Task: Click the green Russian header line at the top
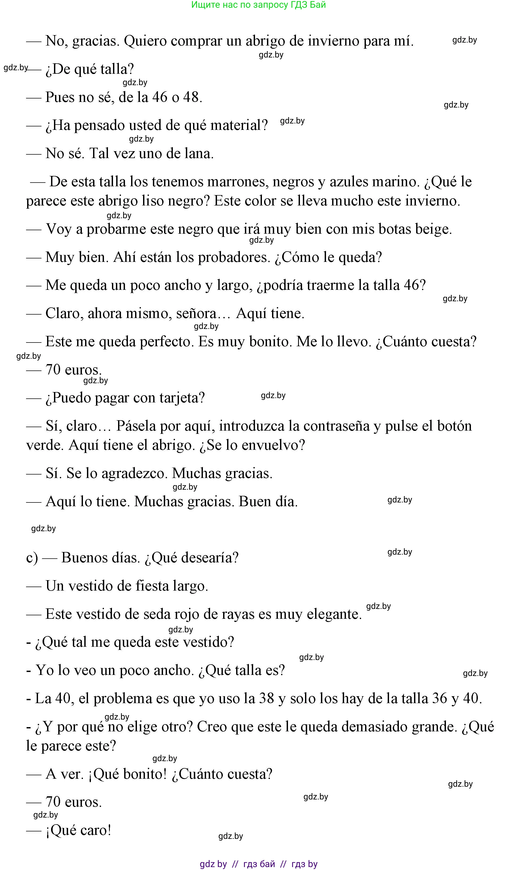[258, 5]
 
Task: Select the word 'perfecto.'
[166, 341]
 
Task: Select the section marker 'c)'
[32, 558]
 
